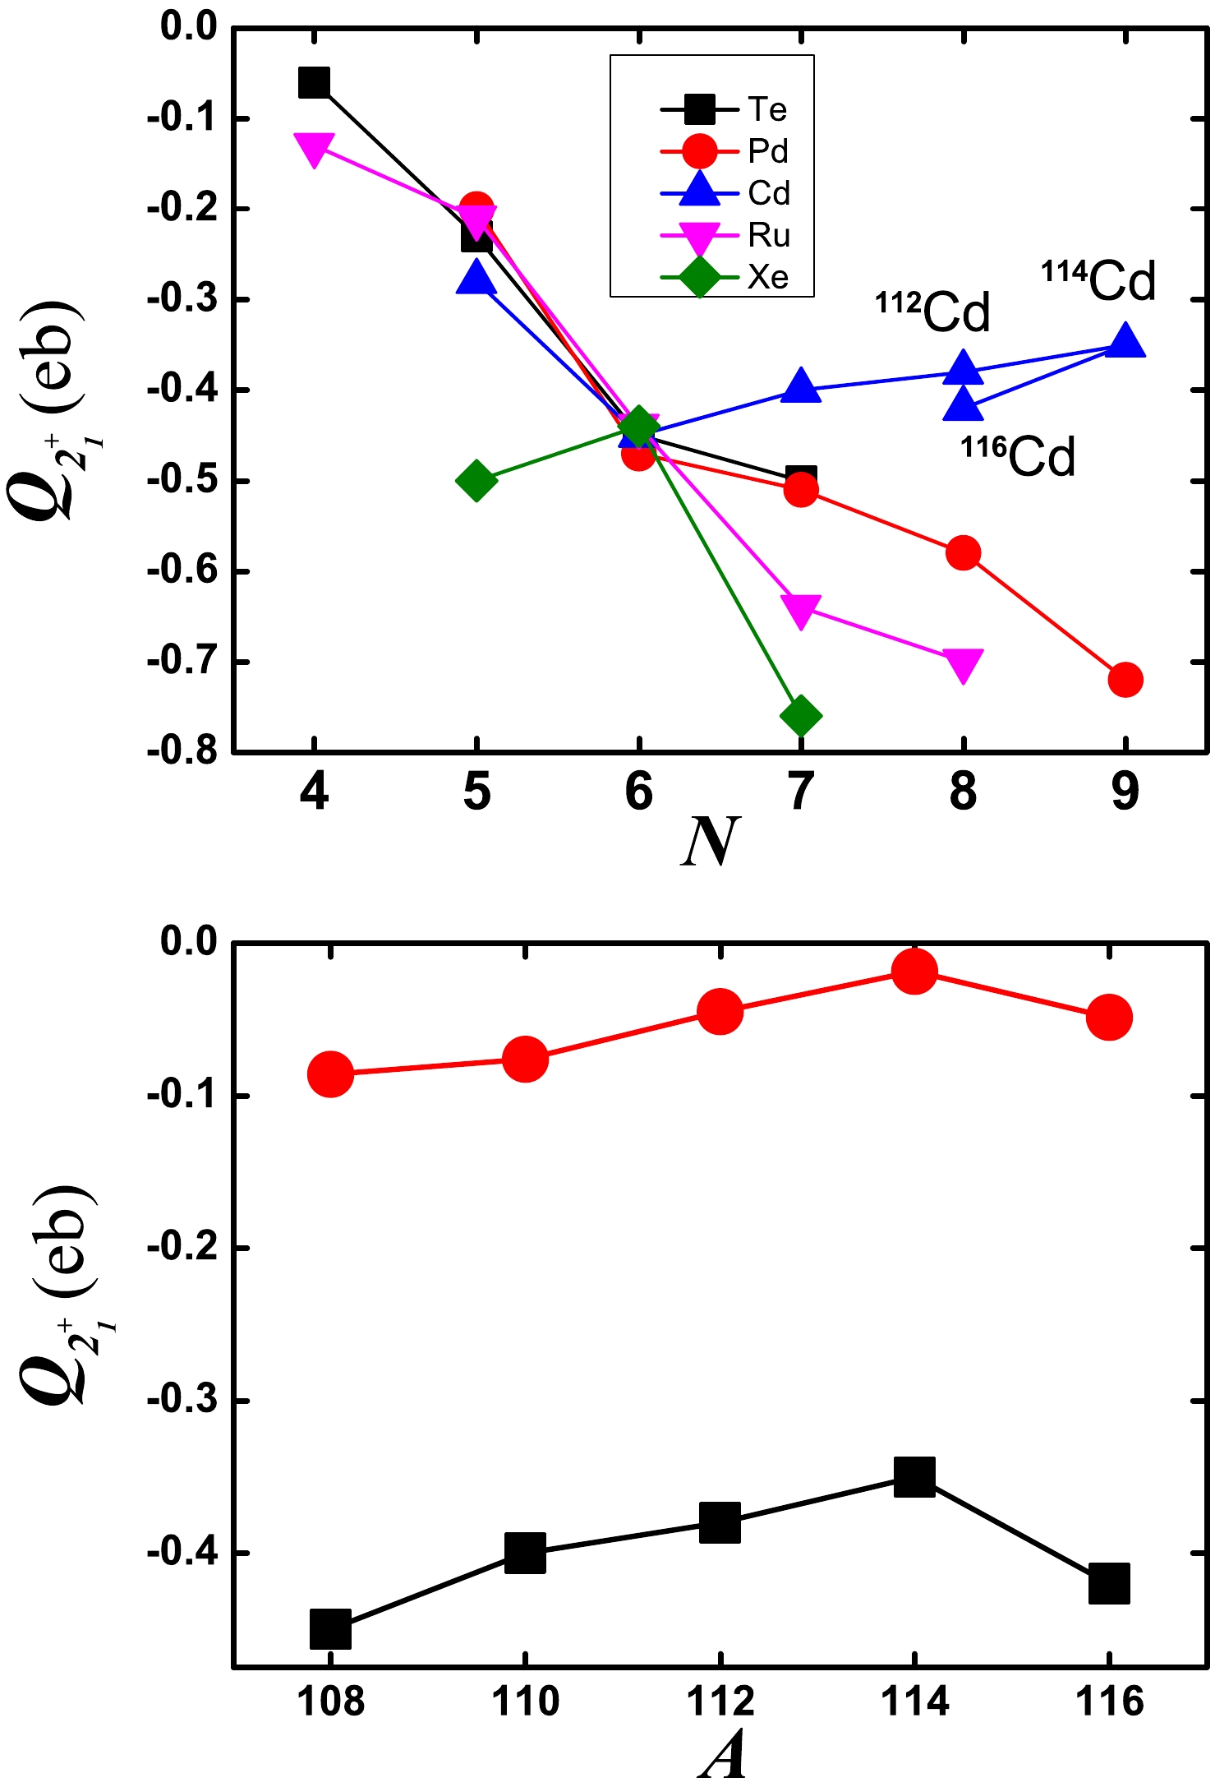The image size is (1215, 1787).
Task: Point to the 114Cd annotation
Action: [1099, 281]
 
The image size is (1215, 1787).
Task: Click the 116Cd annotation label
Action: [1018, 457]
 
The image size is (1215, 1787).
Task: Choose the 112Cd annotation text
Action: [933, 312]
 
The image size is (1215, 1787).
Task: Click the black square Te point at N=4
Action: [314, 82]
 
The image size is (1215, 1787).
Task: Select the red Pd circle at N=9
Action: [1125, 680]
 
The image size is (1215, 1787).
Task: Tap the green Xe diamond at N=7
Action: [801, 716]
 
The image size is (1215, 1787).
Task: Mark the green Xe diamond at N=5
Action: [476, 480]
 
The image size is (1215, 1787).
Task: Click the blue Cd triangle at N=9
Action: [1125, 341]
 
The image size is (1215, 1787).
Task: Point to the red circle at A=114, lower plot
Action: [914, 972]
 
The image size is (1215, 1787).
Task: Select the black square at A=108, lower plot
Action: [330, 1628]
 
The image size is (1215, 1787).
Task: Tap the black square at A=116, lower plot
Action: [1109, 1583]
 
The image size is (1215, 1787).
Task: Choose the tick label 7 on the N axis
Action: [801, 791]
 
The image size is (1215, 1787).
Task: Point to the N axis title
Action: [711, 842]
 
